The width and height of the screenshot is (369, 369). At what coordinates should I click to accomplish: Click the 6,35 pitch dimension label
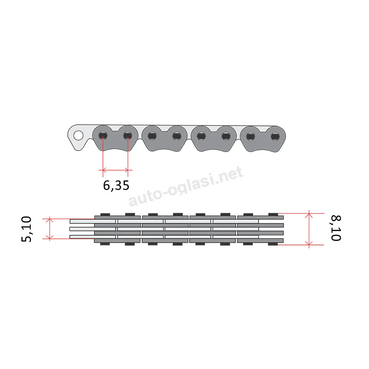(116, 186)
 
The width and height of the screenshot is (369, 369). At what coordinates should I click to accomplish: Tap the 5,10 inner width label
(26, 229)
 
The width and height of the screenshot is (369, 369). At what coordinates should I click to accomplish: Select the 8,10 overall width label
(336, 228)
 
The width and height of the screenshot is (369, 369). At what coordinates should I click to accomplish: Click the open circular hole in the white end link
(78, 135)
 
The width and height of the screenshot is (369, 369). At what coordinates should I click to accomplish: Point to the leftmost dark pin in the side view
(103, 136)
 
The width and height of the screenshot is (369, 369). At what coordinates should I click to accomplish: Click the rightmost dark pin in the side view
(275, 136)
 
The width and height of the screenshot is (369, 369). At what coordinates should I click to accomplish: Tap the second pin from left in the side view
(128, 136)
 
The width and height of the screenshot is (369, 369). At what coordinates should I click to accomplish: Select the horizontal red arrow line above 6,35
(115, 170)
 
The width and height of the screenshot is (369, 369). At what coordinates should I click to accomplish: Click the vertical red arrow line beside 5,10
(50, 229)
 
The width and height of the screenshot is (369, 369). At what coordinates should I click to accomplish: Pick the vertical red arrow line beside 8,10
(309, 229)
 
